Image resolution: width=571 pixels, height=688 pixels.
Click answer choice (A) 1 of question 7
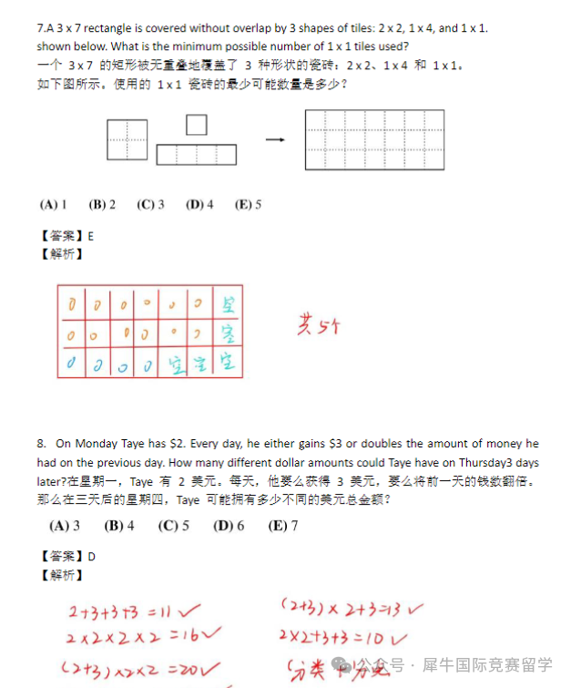(x=53, y=205)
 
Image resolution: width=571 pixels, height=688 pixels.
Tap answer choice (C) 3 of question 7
(x=150, y=205)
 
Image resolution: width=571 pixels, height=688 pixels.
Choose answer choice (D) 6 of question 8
(x=229, y=526)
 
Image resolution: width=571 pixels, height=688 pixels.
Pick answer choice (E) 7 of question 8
(x=283, y=526)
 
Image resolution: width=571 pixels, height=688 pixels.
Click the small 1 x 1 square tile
(x=196, y=124)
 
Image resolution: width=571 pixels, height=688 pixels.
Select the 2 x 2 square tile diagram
(x=127, y=140)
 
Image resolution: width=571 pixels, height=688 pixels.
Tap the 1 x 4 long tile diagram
(x=196, y=155)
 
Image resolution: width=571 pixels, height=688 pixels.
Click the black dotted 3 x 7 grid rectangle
(x=374, y=139)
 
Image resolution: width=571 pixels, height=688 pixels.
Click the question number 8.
(x=42, y=444)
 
